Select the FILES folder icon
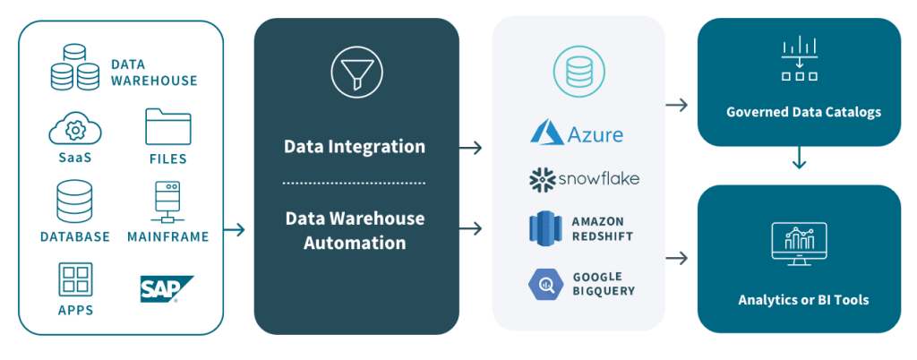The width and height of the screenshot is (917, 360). pos(168,127)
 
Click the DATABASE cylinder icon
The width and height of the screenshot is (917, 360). pos(74,201)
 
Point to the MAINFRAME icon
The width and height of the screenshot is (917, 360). pos(168,201)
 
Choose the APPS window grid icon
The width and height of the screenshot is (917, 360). pos(75,279)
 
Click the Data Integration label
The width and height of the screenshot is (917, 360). pos(355,146)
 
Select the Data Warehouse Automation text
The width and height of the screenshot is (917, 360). pos(355,230)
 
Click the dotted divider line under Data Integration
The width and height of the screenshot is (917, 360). pos(355,183)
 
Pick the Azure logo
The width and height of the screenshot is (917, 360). pos(577,133)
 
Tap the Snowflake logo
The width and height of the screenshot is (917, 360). pos(584,179)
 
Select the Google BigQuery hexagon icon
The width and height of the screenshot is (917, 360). pos(544,284)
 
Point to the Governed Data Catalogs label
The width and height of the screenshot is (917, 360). pos(803,112)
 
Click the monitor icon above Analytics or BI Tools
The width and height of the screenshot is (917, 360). pos(799,243)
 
